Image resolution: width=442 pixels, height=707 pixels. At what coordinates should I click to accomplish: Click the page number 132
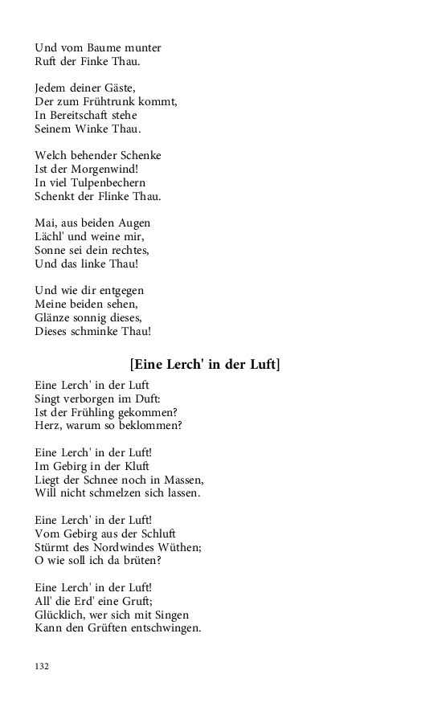point(42,666)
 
